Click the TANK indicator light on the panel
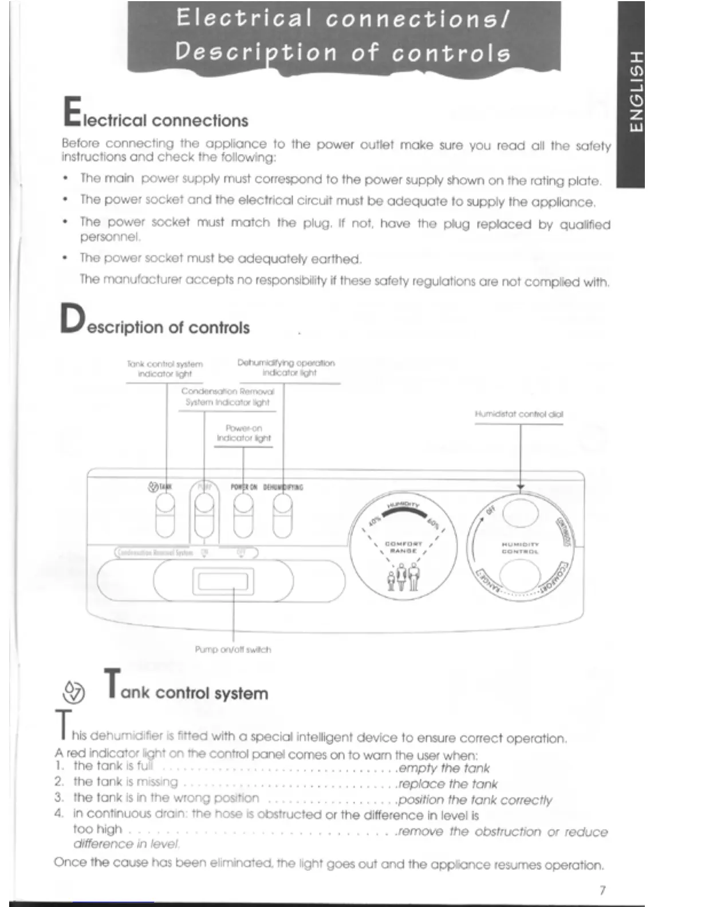pos(165,504)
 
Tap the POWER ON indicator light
pos(243,504)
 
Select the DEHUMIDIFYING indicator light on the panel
pos(282,504)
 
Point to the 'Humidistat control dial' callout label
pos(519,414)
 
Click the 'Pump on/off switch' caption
pos(233,649)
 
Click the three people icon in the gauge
pos(403,577)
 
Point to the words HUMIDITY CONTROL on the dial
pos(520,548)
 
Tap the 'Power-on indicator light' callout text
pos(243,433)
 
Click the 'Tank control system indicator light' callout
pos(165,369)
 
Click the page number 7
pos(602,890)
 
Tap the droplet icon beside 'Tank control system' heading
pos(74,692)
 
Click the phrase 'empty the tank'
pos(444,768)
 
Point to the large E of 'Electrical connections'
pos(72,112)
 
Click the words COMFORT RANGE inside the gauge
pos(404,547)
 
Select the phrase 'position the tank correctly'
pos(475,799)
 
